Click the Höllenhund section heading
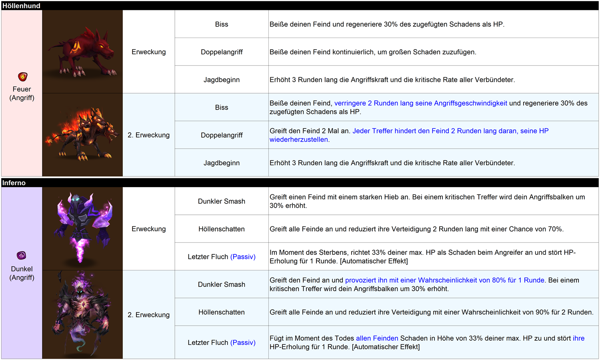click(x=21, y=6)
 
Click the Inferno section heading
click(x=14, y=183)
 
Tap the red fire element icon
click(x=23, y=76)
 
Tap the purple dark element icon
click(x=22, y=255)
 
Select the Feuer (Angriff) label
click(x=22, y=93)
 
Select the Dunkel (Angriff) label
click(x=22, y=273)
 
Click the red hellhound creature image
click(x=82, y=52)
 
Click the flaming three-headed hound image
click(x=82, y=135)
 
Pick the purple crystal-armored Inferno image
click(x=82, y=228)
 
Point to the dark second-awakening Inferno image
click(x=82, y=314)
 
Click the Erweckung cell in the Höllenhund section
click(x=148, y=52)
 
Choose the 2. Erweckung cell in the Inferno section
click(x=148, y=315)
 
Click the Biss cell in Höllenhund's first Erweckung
click(x=222, y=24)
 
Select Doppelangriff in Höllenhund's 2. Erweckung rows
click(x=222, y=135)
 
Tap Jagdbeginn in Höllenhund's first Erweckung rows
click(x=222, y=80)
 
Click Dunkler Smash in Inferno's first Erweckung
click(x=222, y=201)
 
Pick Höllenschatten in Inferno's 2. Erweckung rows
click(x=222, y=312)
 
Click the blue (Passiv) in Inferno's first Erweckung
click(x=243, y=257)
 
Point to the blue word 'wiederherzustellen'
click(x=299, y=140)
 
